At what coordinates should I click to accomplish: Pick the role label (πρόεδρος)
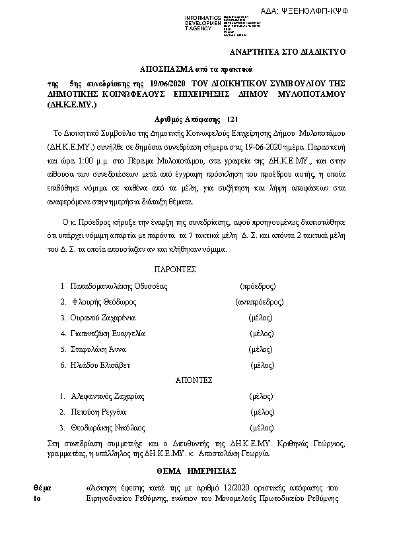[x=257, y=286]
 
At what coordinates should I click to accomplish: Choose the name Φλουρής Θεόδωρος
[x=104, y=302]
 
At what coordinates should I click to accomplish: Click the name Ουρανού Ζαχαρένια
[x=104, y=318]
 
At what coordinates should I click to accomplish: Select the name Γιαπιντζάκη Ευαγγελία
[x=108, y=334]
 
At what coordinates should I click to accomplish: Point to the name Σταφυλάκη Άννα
[x=98, y=349]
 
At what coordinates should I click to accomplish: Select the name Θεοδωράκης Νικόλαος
[x=107, y=427]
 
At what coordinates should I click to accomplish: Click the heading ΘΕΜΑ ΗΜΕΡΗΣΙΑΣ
[x=196, y=472]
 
